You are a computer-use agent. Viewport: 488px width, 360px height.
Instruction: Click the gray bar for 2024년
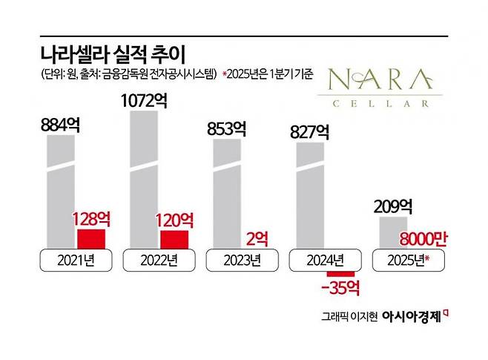coord(310,196)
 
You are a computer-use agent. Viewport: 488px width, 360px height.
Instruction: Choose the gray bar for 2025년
coord(393,233)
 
